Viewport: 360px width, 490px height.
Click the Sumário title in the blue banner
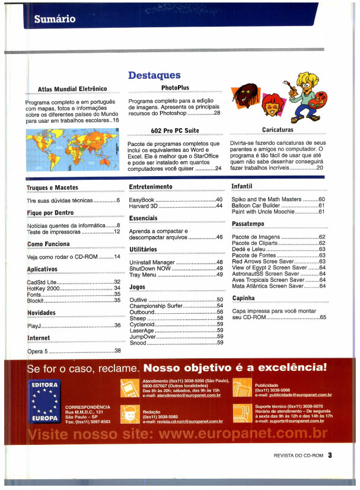[55, 19]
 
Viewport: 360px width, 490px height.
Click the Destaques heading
[154, 75]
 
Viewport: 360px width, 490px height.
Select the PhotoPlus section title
[175, 88]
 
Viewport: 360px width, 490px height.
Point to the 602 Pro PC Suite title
[175, 130]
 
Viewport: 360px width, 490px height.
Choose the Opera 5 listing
[41, 351]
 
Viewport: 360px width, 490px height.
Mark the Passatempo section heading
[249, 224]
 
